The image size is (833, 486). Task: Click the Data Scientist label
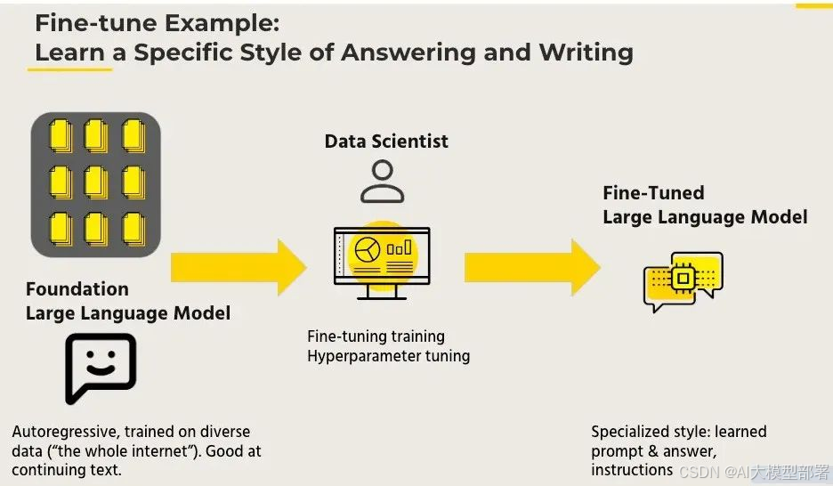[x=386, y=141]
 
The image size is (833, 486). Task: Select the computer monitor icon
[x=381, y=260]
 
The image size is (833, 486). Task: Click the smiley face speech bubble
[x=100, y=368]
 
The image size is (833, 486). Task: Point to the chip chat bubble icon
[x=683, y=280]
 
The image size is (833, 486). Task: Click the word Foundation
[x=77, y=289]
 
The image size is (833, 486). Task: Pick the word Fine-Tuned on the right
[x=653, y=193]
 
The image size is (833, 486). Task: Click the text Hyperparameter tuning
[x=388, y=355]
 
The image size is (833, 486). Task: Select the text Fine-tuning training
[x=376, y=336]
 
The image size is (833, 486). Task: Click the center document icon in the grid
[x=96, y=183]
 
